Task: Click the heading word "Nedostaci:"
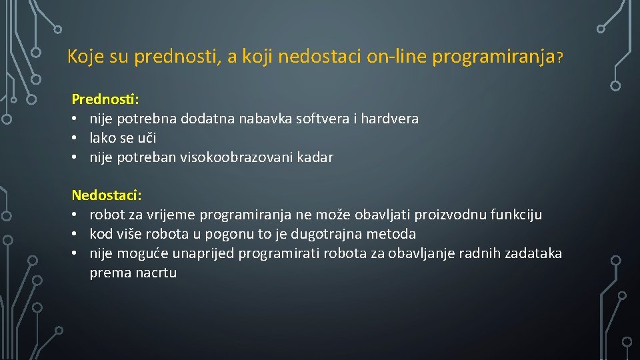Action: click(x=107, y=195)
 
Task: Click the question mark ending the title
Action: click(x=561, y=59)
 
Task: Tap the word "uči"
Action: click(x=147, y=138)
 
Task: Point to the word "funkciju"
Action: click(x=516, y=215)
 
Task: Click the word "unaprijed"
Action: click(x=203, y=253)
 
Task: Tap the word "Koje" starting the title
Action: click(x=86, y=57)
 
